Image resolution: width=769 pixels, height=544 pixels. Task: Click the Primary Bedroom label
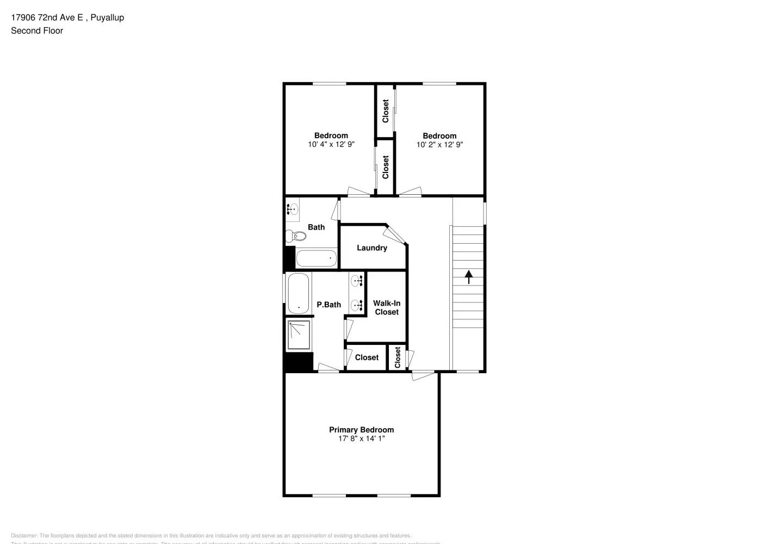[361, 429]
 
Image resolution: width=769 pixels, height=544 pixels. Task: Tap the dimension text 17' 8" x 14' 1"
[361, 438]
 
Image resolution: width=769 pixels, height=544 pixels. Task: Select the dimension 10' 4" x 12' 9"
[331, 145]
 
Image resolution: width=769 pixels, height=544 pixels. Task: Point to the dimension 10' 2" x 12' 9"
[439, 145]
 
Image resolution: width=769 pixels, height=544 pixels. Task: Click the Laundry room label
[372, 248]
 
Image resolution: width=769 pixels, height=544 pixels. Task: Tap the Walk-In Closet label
[387, 307]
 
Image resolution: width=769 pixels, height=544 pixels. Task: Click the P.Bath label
[328, 305]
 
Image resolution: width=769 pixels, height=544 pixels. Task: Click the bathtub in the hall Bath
[317, 258]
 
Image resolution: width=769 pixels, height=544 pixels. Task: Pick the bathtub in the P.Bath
[298, 293]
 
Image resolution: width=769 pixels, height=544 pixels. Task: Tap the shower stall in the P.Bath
[299, 335]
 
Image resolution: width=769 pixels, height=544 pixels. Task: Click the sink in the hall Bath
[292, 209]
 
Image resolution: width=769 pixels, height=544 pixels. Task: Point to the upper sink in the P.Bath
[357, 281]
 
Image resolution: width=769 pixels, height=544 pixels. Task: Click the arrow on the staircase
[468, 276]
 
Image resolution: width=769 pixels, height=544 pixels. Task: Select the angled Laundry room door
[395, 234]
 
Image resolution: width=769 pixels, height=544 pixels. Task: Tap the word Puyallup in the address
[107, 17]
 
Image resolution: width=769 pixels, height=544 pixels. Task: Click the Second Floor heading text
[37, 30]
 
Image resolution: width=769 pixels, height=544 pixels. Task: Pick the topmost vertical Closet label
[386, 110]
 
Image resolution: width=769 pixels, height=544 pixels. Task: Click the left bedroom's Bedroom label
[331, 135]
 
